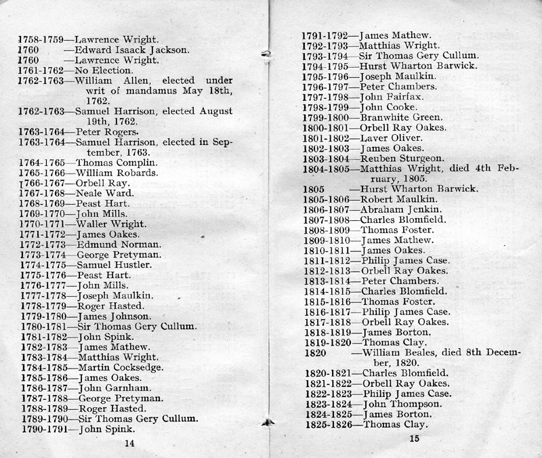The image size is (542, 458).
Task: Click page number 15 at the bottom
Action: [x=415, y=439]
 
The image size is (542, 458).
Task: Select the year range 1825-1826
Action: [x=327, y=425]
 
